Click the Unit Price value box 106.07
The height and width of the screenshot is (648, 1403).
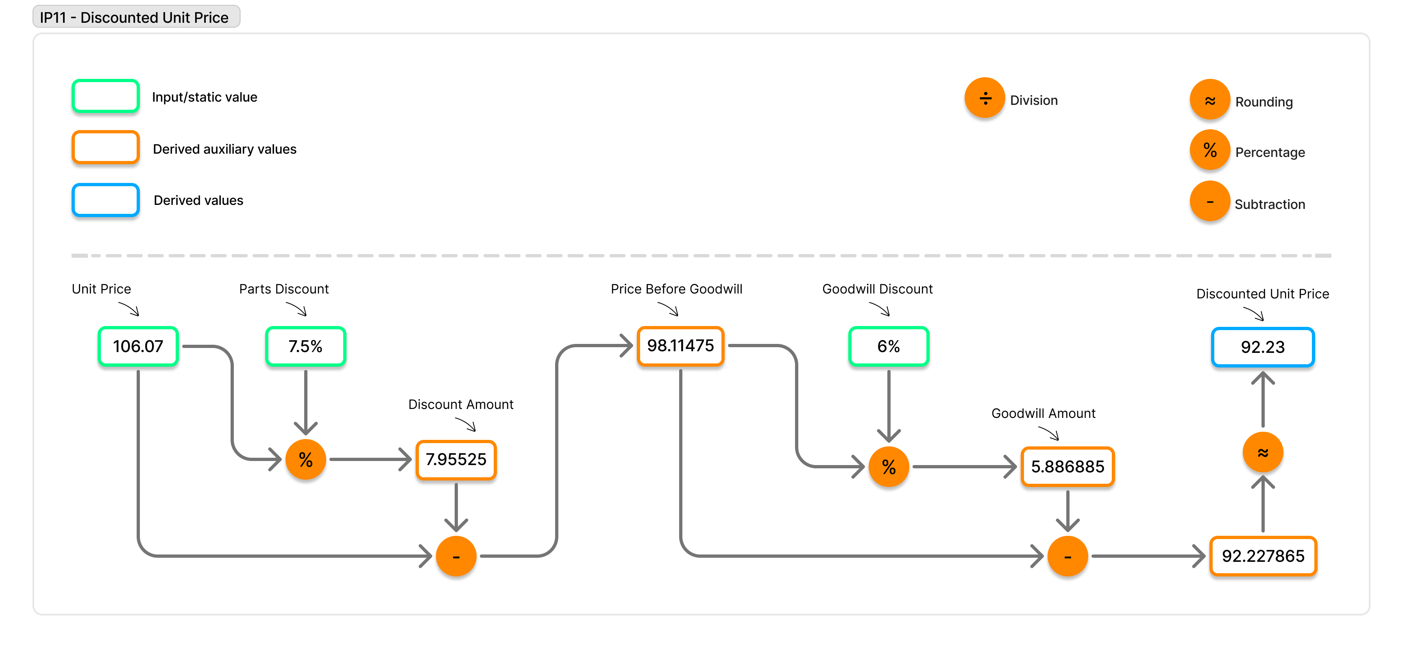coord(138,346)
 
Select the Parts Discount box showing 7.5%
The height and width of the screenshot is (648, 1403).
coord(305,346)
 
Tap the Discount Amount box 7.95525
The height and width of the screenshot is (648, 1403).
coord(456,460)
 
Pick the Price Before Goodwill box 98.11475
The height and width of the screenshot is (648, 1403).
coord(680,346)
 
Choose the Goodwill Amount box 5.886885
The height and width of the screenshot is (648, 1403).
coord(1067,467)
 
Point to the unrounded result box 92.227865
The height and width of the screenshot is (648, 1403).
coord(1263,556)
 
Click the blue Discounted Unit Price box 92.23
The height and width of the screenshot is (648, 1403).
coord(1263,347)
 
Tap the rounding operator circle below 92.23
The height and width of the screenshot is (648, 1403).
coord(1263,452)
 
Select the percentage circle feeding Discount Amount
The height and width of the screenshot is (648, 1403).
coord(305,460)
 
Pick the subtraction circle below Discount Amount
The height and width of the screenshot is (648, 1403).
coord(456,556)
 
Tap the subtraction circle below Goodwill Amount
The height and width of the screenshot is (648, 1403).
coord(1067,556)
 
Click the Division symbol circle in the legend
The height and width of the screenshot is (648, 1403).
coord(985,98)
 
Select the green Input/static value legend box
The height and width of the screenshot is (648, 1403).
coord(106,96)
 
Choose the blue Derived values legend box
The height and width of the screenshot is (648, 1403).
coord(106,200)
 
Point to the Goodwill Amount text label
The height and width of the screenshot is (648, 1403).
coord(1043,413)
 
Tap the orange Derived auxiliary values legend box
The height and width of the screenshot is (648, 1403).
coord(106,148)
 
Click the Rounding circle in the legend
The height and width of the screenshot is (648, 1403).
coord(1210,100)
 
